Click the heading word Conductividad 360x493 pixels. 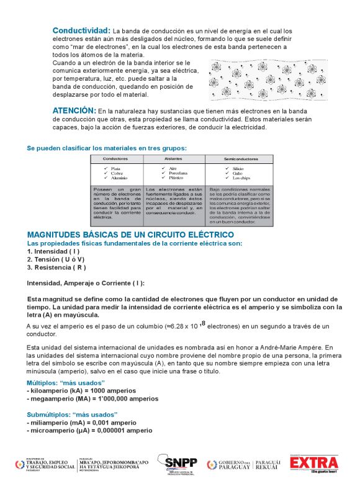[x=81, y=30]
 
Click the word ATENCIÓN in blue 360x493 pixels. [x=74, y=110]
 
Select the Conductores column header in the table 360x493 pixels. [x=115, y=159]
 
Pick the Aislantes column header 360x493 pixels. [x=173, y=159]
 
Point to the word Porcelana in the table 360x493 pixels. [x=179, y=173]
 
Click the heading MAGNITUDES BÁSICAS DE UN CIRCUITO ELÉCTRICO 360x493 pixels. [x=130, y=235]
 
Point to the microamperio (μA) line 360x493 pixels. [x=89, y=430]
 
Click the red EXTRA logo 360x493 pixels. [x=314, y=463]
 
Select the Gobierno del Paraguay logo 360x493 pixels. [x=243, y=464]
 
